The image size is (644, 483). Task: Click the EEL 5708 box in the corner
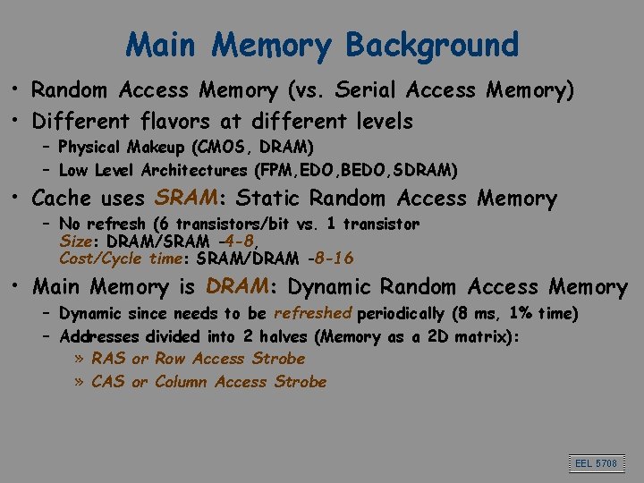595,462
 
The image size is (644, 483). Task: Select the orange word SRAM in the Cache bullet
189,198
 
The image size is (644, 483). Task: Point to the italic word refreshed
313,313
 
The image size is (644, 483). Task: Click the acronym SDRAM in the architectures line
428,169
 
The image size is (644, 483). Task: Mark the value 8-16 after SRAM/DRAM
330,258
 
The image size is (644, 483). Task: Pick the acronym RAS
109,359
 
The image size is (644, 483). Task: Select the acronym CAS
109,382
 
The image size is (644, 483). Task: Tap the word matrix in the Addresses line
487,337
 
